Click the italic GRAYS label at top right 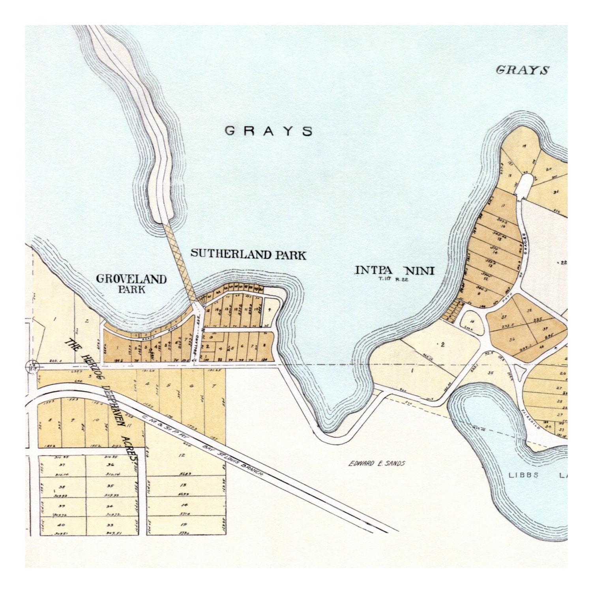pos(522,70)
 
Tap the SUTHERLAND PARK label pos(248,254)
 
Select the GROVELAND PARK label pos(131,284)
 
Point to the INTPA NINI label pos(394,270)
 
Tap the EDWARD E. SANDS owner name pos(377,463)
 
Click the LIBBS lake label pos(523,475)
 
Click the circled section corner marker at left pos(32,366)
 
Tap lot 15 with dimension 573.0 pos(184,525)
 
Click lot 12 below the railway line pos(182,455)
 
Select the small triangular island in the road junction pos(523,371)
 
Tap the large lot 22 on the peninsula pos(562,262)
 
